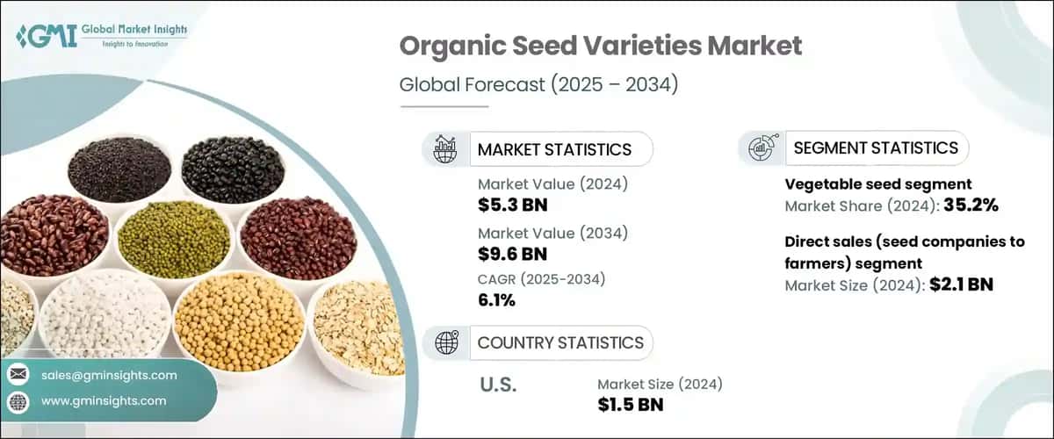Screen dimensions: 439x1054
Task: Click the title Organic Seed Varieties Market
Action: click(x=601, y=47)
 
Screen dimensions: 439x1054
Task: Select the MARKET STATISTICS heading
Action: click(x=553, y=149)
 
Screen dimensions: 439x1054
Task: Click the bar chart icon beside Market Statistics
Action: click(x=445, y=149)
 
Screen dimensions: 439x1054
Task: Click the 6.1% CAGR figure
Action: click(x=496, y=300)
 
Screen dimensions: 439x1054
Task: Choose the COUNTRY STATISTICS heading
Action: click(x=559, y=342)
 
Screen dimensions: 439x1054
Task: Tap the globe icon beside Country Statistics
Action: click(x=445, y=342)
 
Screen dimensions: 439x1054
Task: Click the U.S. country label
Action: click(x=498, y=385)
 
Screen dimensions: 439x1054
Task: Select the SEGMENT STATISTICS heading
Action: click(x=875, y=148)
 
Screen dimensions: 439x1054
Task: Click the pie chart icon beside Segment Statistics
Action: click(x=761, y=148)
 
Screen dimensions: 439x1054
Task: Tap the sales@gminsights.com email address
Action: click(x=109, y=375)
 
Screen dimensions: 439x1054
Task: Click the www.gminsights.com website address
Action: click(x=103, y=400)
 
